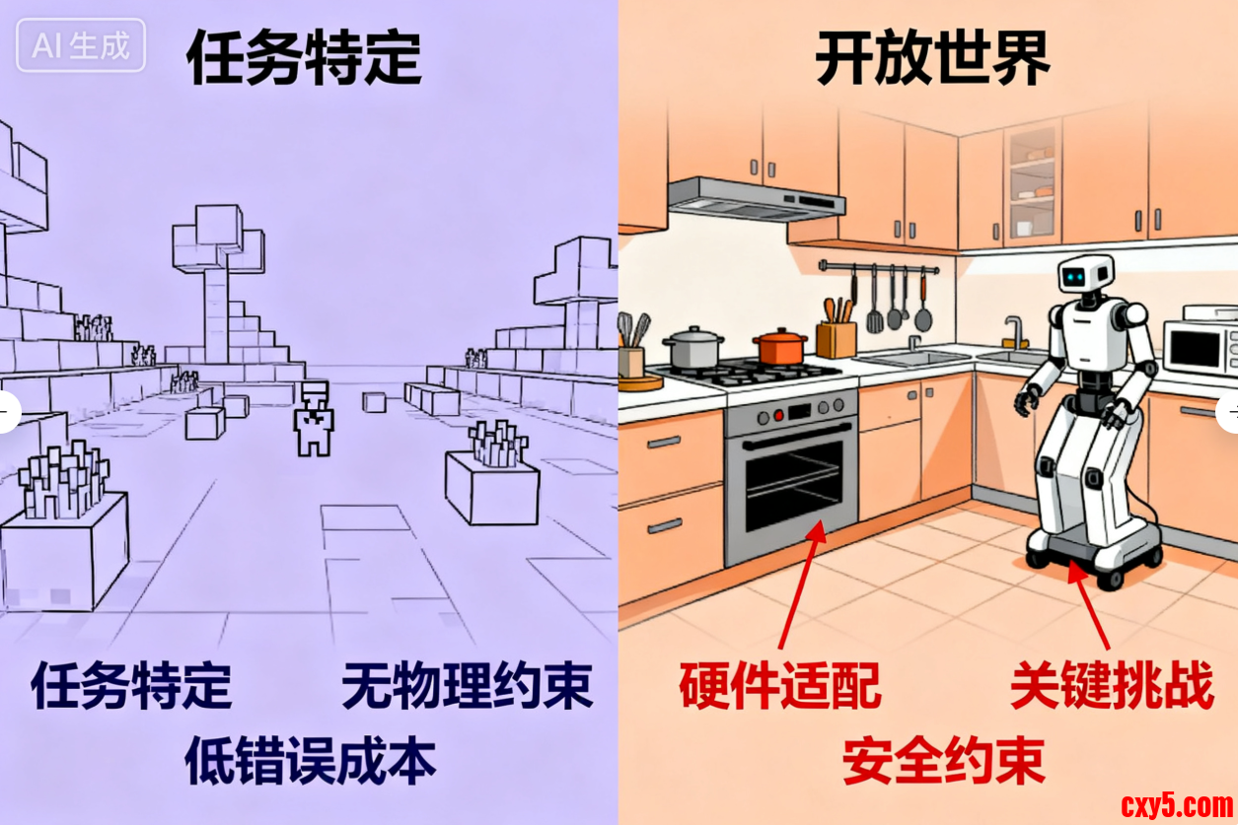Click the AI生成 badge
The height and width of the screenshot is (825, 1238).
(x=81, y=45)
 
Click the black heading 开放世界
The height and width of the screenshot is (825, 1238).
(x=933, y=58)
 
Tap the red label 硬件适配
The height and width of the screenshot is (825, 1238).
(x=780, y=685)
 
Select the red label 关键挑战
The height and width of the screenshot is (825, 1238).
(x=1112, y=685)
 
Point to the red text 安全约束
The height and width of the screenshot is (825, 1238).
(x=944, y=760)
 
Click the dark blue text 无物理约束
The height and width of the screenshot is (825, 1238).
(x=468, y=685)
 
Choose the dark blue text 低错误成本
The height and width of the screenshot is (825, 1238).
(x=310, y=760)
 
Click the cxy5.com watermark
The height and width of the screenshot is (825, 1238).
(x=1177, y=805)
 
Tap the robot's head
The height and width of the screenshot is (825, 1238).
(x=1085, y=274)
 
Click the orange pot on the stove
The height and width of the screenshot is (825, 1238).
(x=780, y=346)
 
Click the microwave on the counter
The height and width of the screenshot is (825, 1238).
(x=1201, y=346)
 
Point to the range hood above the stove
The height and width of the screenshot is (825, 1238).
(x=756, y=200)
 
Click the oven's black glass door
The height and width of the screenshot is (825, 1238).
(x=794, y=485)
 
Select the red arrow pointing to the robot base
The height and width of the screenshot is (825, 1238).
(x=1089, y=604)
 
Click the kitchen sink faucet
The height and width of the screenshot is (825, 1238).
(x=1015, y=332)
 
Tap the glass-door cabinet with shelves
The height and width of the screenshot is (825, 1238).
(x=1032, y=184)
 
